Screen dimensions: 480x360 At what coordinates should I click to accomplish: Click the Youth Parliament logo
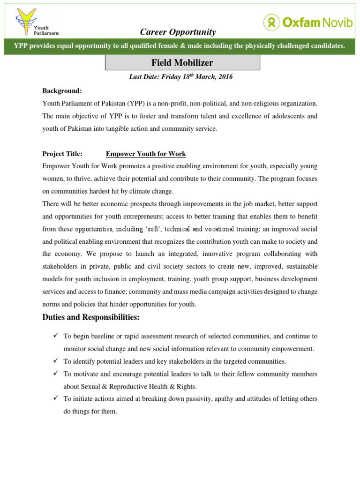[37, 22]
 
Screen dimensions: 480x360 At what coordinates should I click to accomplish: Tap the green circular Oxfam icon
[271, 22]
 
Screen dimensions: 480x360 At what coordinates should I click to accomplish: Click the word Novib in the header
[336, 22]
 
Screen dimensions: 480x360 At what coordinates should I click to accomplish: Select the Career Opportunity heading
[178, 32]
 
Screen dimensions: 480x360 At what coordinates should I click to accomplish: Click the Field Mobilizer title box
[181, 62]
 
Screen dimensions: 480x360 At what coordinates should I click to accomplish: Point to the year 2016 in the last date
[224, 76]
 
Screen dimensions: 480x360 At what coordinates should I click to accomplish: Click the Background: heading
[62, 90]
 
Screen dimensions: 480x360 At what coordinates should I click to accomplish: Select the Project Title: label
[62, 154]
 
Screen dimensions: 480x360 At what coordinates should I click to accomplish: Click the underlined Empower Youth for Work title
[146, 154]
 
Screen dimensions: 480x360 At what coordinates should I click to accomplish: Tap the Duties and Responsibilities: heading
[91, 317]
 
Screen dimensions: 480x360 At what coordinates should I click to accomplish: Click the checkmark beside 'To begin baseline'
[55, 336]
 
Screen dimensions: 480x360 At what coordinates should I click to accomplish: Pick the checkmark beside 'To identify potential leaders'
[55, 361]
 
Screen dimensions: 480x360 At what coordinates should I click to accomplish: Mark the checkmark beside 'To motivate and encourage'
[55, 374]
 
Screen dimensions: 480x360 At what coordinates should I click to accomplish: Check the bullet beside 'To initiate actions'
[55, 398]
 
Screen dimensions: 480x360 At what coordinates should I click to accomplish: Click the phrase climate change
[153, 191]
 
